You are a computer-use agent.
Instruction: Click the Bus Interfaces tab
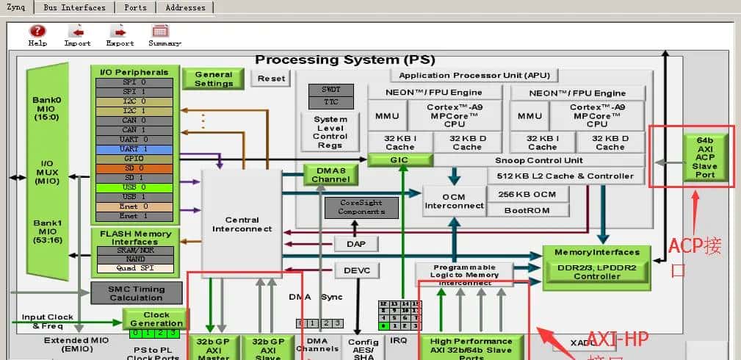point(73,7)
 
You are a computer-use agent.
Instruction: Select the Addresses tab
point(185,7)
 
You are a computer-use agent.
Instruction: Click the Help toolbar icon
point(37,35)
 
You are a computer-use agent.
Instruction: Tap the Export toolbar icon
point(119,35)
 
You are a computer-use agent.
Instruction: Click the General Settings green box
point(213,79)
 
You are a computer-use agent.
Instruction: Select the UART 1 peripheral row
point(134,148)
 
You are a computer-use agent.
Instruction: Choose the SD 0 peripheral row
point(134,168)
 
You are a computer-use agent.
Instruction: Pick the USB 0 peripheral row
point(134,187)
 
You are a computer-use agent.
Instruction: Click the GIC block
point(400,160)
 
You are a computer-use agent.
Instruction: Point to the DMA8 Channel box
point(330,174)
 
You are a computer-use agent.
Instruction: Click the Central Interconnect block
point(242,224)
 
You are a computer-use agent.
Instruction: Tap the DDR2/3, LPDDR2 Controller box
point(596,271)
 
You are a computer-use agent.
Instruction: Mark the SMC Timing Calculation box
point(137,292)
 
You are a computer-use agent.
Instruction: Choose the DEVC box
point(357,271)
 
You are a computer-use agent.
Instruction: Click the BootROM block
point(527,210)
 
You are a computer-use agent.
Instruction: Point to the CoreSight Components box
point(361,207)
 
